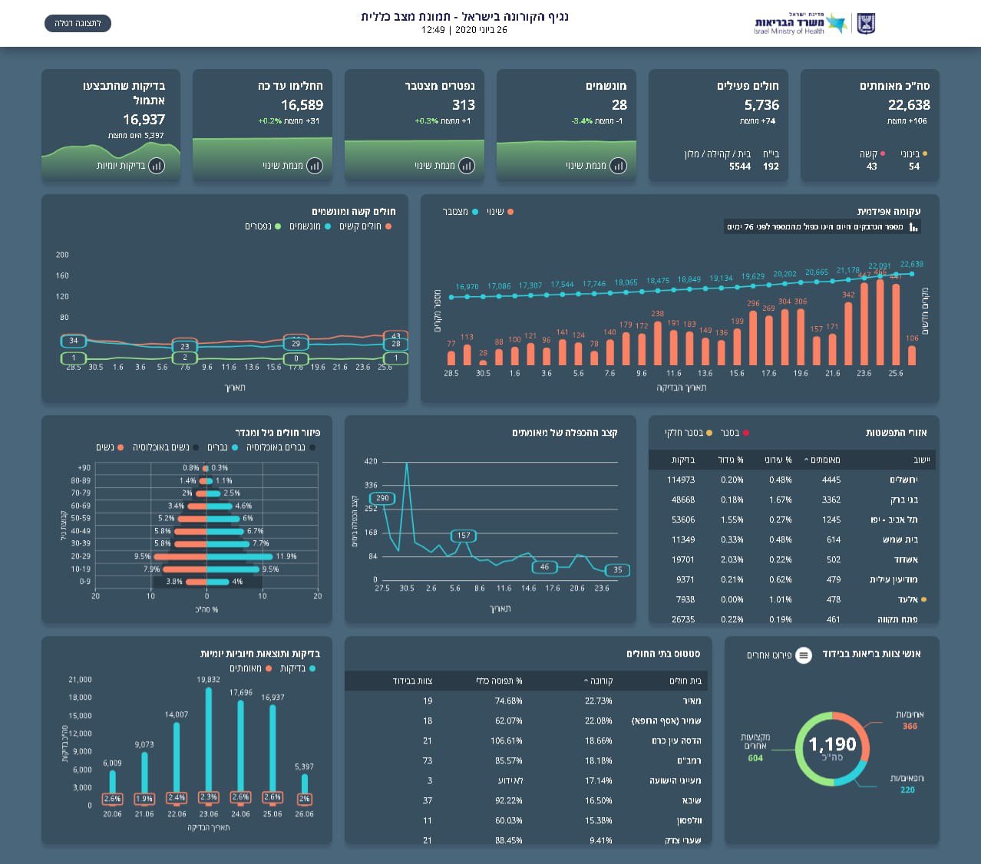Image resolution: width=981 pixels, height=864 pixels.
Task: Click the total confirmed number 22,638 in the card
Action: (909, 105)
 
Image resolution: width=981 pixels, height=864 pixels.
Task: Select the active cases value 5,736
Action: (761, 105)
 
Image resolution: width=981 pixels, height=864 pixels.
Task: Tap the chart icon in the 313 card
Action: (466, 166)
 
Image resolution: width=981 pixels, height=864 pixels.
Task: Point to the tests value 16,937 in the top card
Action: (144, 120)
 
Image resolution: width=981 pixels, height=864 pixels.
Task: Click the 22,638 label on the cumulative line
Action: (912, 264)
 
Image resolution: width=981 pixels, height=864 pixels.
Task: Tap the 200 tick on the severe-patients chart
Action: (63, 255)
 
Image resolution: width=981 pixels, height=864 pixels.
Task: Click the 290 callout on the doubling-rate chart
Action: (382, 498)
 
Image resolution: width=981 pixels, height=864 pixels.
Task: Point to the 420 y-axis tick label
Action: (371, 461)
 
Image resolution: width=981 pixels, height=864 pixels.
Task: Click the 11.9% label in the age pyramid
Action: (286, 556)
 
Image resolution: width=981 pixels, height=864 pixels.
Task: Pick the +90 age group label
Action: (84, 468)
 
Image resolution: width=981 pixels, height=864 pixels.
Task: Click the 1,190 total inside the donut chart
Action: (832, 744)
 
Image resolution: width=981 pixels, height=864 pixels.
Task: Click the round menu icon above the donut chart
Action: (803, 655)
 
